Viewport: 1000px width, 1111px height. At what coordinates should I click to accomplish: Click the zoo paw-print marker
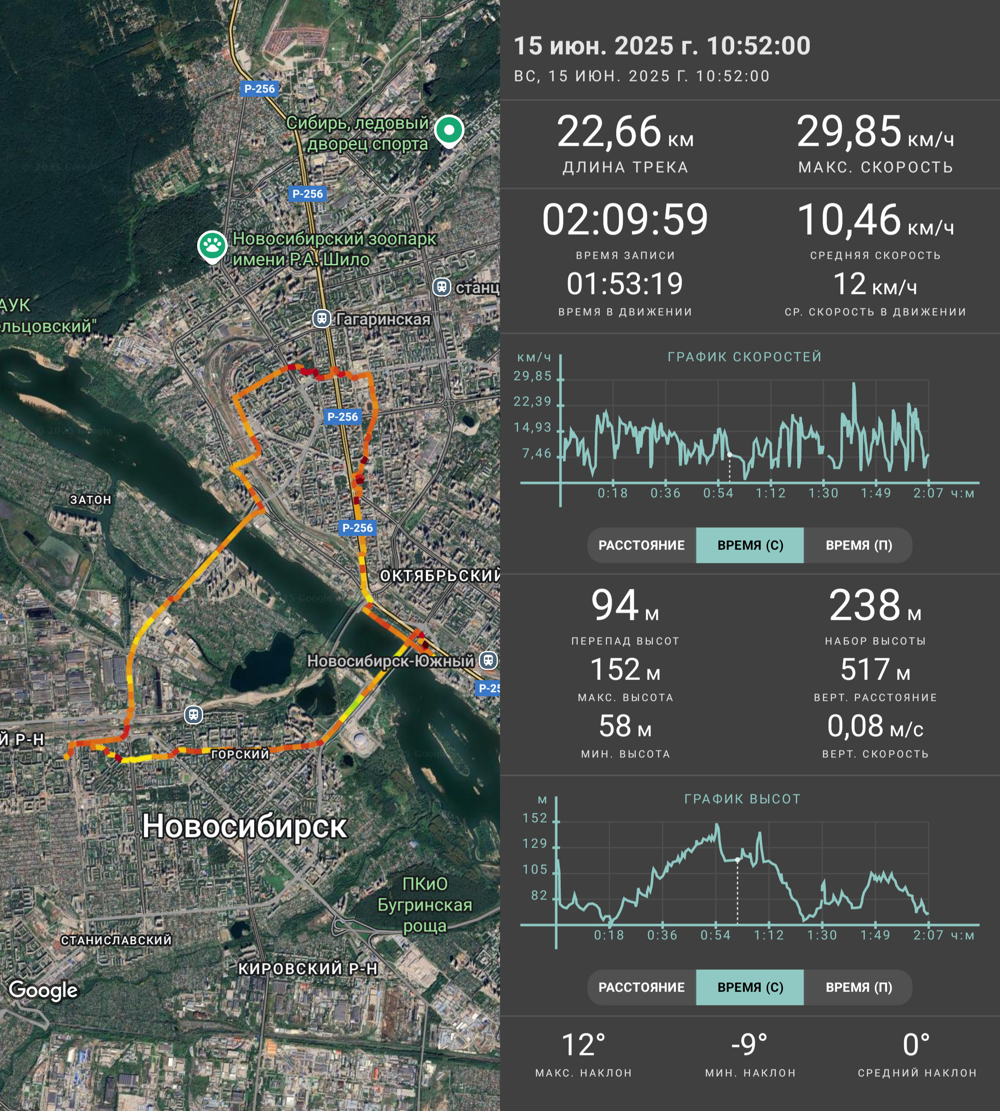[212, 247]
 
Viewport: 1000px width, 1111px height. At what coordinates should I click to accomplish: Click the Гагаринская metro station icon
[321, 318]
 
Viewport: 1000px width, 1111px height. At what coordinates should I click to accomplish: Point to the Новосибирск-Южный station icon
[488, 660]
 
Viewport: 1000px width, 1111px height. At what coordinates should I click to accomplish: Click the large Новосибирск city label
[244, 826]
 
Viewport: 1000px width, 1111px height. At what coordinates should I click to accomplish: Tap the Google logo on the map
[44, 990]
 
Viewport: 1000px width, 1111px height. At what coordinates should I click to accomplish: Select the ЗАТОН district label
[91, 499]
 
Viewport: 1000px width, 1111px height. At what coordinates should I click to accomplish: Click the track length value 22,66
[609, 132]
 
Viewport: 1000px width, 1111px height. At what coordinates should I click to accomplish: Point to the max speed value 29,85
[849, 132]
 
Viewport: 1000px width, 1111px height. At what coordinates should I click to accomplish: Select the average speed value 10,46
[849, 220]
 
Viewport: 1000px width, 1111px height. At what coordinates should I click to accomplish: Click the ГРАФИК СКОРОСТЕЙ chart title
[744, 356]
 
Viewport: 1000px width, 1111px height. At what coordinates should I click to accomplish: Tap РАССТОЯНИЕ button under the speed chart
[641, 545]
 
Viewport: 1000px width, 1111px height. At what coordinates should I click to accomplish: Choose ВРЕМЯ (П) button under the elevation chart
[858, 987]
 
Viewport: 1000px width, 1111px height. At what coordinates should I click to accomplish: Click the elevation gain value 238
[865, 605]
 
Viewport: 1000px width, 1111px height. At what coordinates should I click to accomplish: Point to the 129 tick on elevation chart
[535, 843]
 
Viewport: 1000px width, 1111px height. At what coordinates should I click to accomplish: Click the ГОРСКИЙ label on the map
[240, 754]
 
